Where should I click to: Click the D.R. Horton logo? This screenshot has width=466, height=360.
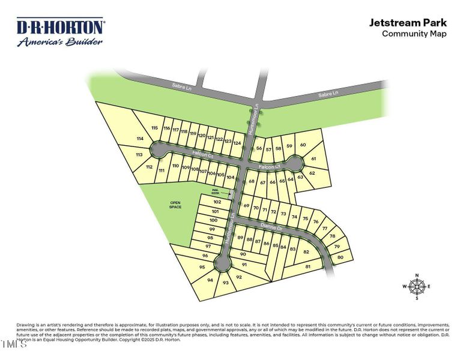point(60,32)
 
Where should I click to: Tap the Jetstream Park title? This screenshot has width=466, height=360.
point(408,23)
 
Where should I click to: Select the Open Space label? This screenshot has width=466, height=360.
point(175,205)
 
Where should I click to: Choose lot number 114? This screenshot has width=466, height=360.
point(141,139)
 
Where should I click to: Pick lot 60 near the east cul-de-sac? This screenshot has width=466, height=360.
point(303,145)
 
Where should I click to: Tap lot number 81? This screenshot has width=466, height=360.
point(308,266)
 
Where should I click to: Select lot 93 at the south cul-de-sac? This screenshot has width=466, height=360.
point(226,282)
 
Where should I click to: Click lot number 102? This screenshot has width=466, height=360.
point(217,202)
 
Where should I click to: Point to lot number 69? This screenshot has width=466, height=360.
point(246,206)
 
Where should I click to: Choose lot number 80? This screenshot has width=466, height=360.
point(340,257)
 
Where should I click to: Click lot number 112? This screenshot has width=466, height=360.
point(150,167)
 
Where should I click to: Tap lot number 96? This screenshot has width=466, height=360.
point(205,256)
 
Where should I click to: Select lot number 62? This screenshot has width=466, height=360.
point(312,173)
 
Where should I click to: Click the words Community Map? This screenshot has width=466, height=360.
point(414,34)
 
